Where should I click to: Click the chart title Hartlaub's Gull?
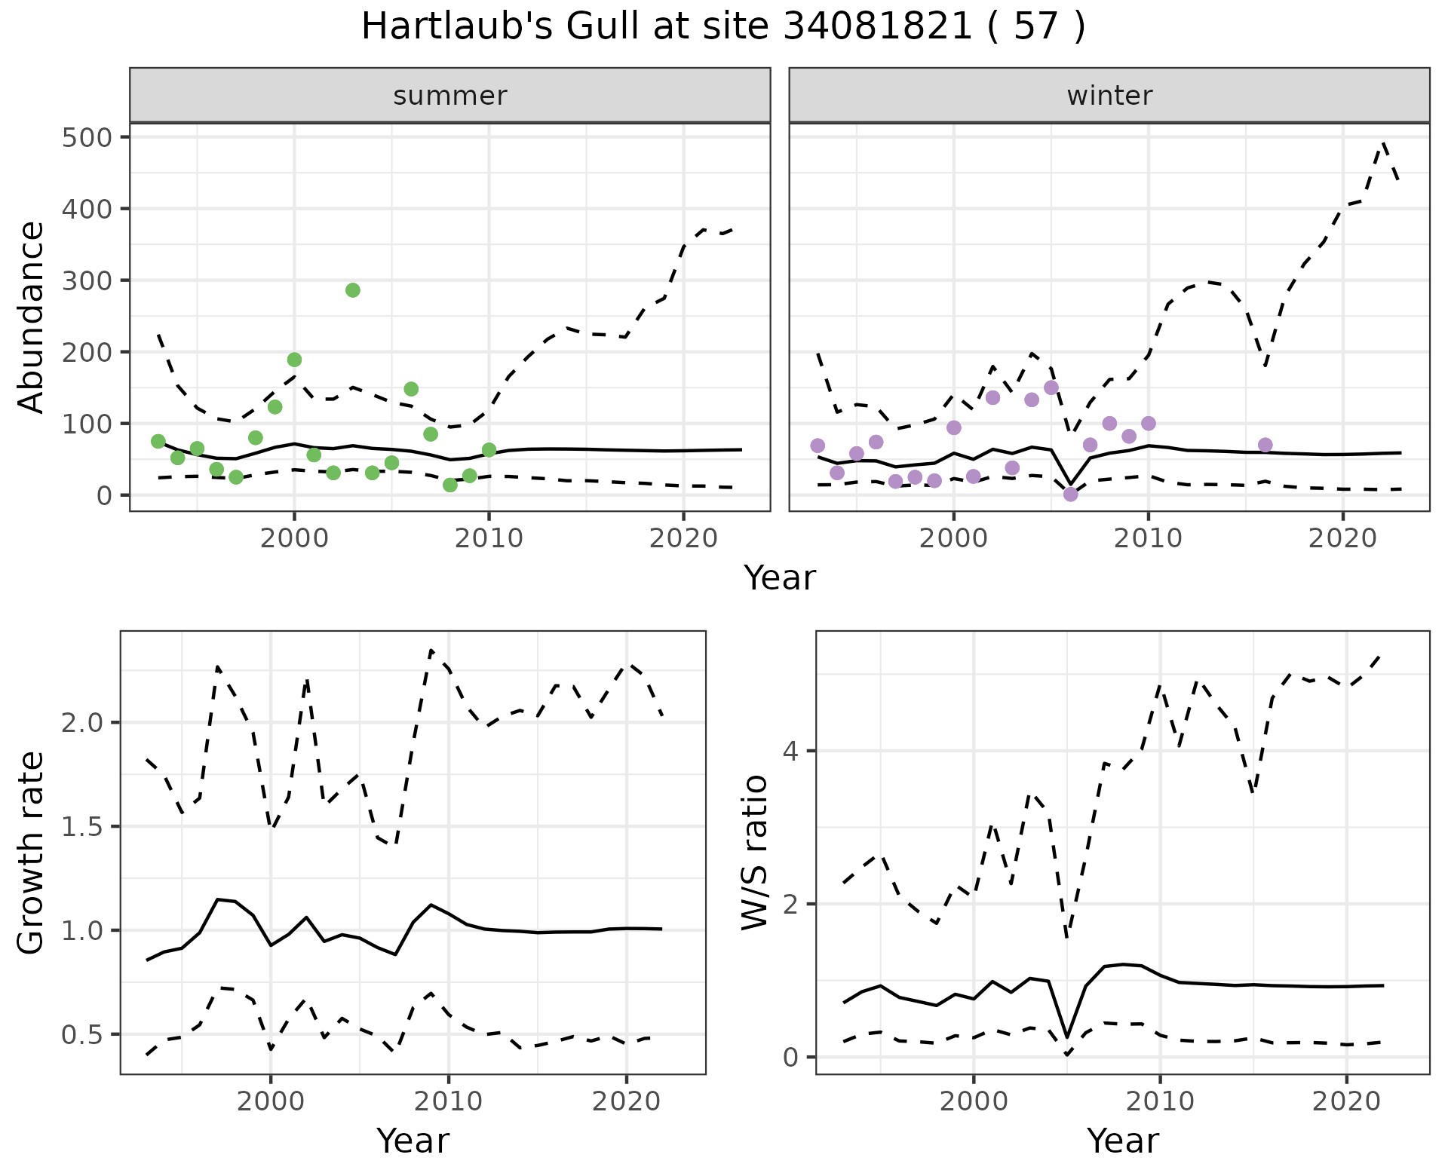point(723,27)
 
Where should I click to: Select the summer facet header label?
point(449,96)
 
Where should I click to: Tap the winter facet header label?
point(1109,96)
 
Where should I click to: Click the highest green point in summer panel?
point(352,290)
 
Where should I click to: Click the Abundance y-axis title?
point(32,317)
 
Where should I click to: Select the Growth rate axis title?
point(32,853)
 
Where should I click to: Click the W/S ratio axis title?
point(754,853)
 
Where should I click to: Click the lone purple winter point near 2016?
point(1265,445)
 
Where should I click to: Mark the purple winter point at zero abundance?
point(1070,495)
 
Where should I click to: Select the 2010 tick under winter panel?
point(1148,539)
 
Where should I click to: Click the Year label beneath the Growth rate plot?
point(413,1141)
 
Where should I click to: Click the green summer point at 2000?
point(294,360)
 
